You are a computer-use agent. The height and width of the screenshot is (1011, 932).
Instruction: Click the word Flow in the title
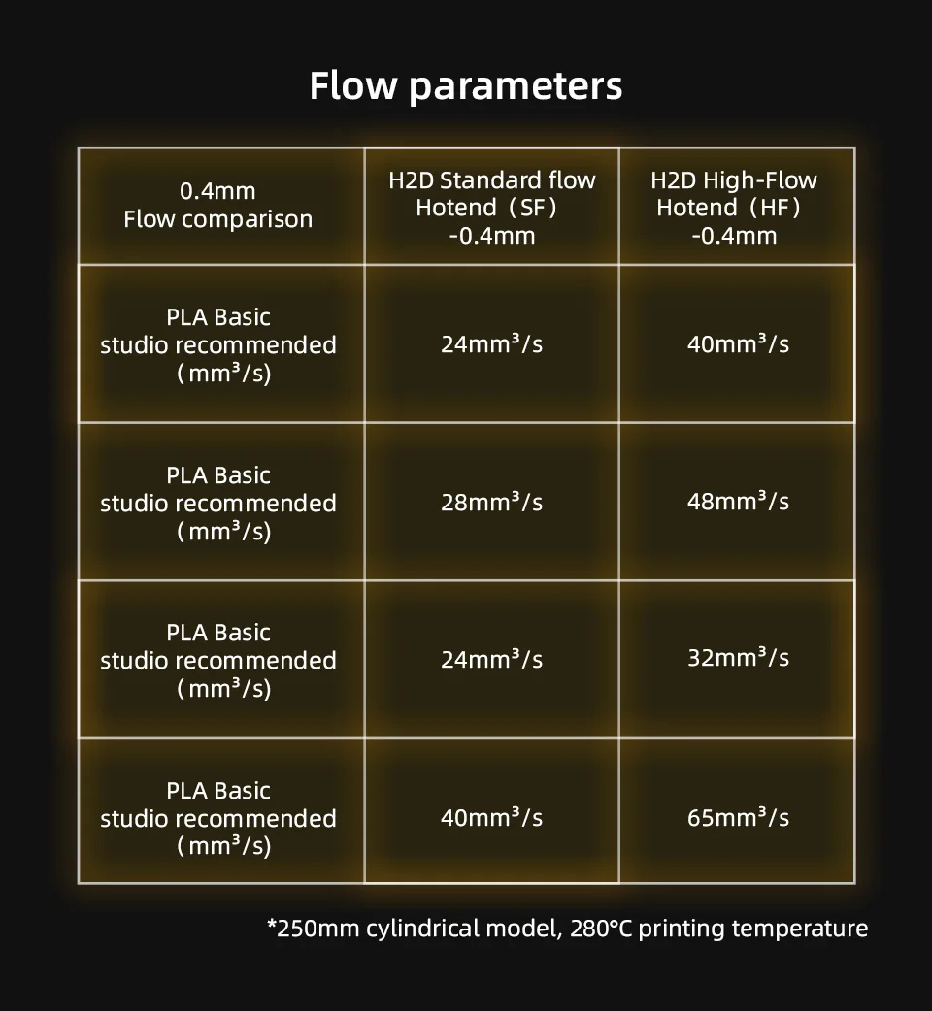click(353, 85)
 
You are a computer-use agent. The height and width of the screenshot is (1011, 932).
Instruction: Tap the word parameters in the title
click(516, 87)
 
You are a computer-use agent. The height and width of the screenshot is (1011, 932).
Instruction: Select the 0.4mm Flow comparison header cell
click(218, 205)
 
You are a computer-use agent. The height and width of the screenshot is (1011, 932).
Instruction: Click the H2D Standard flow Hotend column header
click(491, 207)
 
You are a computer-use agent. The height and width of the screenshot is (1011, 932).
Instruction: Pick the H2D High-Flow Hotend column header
click(735, 207)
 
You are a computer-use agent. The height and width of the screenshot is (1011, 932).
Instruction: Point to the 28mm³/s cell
click(491, 502)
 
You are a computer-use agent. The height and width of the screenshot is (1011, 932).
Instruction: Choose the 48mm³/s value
click(738, 502)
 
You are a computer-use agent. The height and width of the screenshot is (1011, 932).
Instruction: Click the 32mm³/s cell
click(738, 658)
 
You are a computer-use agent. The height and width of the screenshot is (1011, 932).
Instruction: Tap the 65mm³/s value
click(738, 817)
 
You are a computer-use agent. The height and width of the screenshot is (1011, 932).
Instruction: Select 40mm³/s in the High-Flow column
click(738, 343)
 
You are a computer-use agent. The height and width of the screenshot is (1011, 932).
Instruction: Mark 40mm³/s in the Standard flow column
click(491, 817)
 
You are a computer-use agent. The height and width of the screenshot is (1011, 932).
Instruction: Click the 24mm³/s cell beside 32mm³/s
click(491, 660)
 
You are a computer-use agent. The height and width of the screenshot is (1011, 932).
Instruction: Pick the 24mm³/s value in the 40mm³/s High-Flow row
click(491, 343)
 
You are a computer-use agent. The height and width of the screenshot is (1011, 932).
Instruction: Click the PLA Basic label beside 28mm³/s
click(218, 475)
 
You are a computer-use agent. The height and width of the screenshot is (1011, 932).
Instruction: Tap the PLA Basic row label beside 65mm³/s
click(218, 791)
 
